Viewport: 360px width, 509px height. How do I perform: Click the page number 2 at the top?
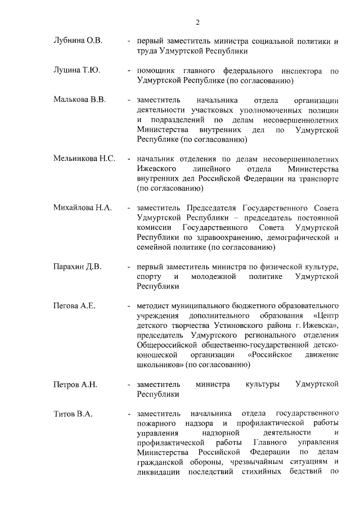point(197,22)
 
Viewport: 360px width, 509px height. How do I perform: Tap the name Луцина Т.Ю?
point(76,71)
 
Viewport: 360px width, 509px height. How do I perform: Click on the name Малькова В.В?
point(79,101)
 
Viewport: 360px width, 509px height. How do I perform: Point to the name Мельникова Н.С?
point(84,159)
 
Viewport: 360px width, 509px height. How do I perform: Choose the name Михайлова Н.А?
point(82,208)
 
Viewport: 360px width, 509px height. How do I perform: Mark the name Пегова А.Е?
point(74,306)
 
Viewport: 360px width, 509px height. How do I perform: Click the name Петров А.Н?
point(75,385)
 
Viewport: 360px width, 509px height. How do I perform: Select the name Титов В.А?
point(73,415)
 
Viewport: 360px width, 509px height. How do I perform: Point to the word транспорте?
point(317,178)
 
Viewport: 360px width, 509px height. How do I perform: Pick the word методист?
point(152,306)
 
